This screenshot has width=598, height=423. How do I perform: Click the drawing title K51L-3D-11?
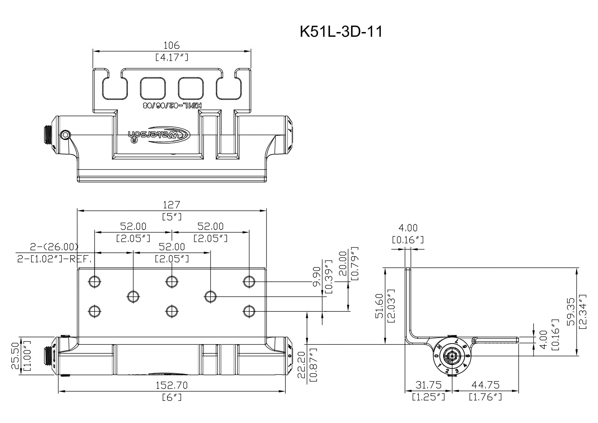point(341,32)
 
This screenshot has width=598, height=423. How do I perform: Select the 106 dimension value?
point(171,45)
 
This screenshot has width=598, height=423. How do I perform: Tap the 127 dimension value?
point(171,205)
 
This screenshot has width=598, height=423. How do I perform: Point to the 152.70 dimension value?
point(171,386)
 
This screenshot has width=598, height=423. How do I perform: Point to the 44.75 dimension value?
point(485,385)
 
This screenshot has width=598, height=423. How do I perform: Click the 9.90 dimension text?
point(317,278)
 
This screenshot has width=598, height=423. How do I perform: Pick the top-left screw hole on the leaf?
point(94,281)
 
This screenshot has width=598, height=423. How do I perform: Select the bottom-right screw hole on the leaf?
point(249,311)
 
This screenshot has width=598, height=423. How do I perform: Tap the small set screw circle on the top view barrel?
point(66,135)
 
